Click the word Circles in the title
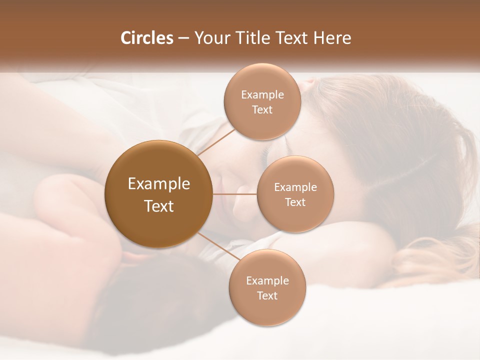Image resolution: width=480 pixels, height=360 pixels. (x=146, y=38)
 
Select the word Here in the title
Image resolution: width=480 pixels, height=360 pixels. (x=331, y=38)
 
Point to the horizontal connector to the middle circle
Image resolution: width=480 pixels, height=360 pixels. (x=234, y=193)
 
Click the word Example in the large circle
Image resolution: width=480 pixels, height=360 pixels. (x=159, y=184)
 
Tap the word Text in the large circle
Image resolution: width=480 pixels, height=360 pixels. (x=159, y=206)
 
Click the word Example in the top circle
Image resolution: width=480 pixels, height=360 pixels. (x=262, y=94)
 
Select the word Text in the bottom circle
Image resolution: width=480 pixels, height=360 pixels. (x=267, y=295)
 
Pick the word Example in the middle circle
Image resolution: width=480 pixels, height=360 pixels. (x=295, y=187)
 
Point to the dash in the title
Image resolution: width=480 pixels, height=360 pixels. (x=183, y=38)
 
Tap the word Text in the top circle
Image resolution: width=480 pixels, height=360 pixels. (x=262, y=109)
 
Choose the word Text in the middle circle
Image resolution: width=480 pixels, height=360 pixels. (x=295, y=202)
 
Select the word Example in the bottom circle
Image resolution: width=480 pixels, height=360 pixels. (x=267, y=280)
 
